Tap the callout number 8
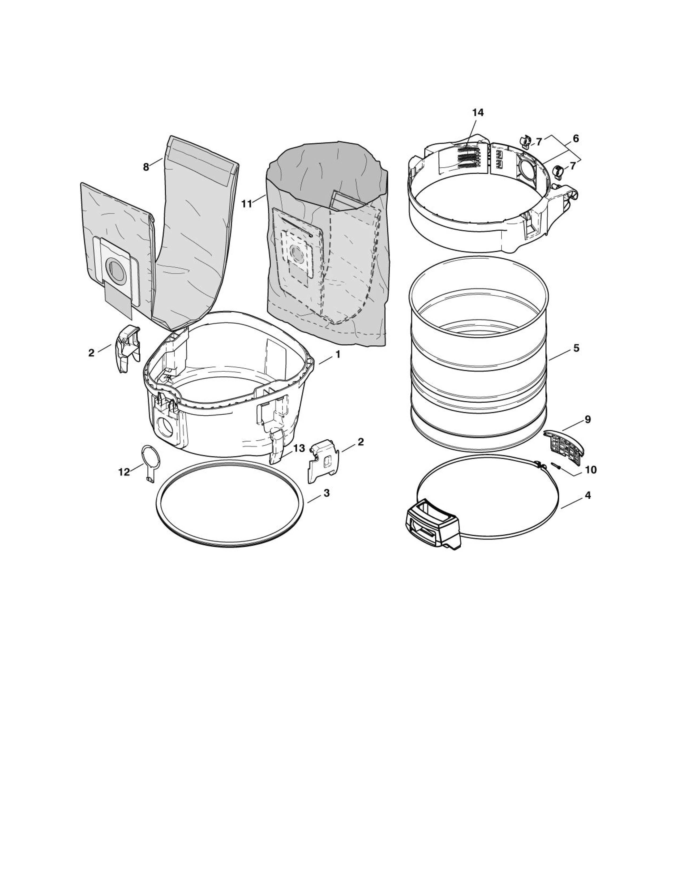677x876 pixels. [x=146, y=167]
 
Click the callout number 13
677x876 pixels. [x=299, y=448]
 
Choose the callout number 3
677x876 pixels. [x=327, y=493]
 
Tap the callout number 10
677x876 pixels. [x=591, y=469]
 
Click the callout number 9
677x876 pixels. [x=588, y=419]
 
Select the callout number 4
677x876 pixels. [x=588, y=495]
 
